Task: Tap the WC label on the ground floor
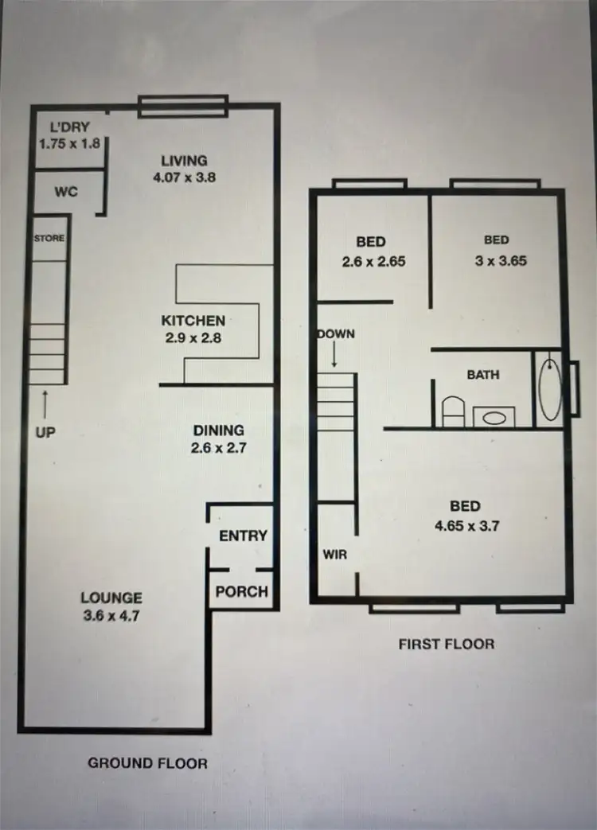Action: pos(66,193)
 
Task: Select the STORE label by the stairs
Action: pos(49,238)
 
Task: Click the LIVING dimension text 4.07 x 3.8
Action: pos(184,178)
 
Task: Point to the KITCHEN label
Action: pos(193,321)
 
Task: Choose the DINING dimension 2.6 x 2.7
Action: pos(219,448)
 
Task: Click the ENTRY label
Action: pos(243,536)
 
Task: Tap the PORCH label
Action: pos(242,592)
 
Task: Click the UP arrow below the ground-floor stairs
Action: pos(45,403)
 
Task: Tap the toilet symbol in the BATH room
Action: pos(452,412)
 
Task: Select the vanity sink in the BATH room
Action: pos(494,417)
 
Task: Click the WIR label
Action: pos(335,555)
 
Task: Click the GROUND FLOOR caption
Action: pos(147,763)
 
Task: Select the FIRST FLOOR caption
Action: pos(446,644)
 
